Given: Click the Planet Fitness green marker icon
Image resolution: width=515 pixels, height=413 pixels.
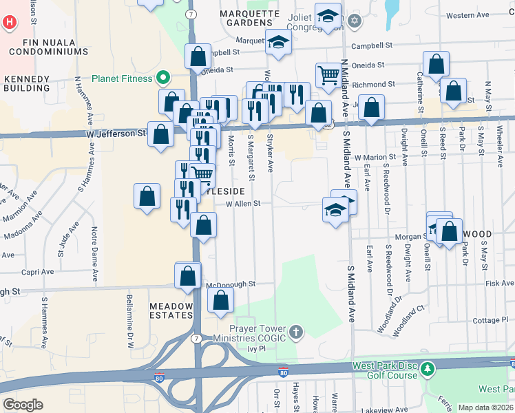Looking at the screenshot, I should click(163, 78).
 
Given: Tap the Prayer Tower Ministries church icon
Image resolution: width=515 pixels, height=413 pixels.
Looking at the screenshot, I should click(296, 333).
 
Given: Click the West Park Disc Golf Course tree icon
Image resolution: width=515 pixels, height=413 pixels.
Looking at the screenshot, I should click(428, 370).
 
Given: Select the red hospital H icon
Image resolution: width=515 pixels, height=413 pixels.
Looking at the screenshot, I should click(9, 21).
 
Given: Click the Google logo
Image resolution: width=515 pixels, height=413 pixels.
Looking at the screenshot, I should click(23, 405).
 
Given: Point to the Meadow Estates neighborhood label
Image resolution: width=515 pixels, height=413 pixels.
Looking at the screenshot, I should click(172, 309).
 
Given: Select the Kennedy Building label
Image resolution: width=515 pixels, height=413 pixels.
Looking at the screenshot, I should click(27, 83).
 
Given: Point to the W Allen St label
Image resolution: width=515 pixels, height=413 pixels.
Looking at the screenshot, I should click(243, 203).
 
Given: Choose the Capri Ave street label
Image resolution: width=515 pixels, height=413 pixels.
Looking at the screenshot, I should click(37, 272).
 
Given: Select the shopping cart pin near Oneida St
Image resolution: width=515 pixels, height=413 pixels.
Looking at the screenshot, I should click(329, 75).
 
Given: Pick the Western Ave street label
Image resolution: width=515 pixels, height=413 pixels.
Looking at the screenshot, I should click(467, 15).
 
